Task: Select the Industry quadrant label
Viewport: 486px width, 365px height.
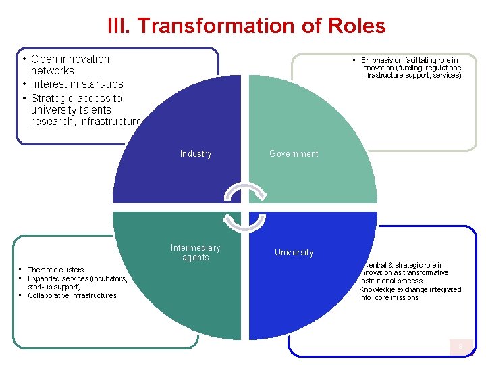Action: tap(196, 154)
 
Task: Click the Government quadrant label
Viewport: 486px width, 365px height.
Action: tap(294, 154)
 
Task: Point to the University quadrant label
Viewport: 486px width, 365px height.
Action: tap(294, 253)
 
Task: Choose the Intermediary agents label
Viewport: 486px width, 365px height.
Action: tap(196, 252)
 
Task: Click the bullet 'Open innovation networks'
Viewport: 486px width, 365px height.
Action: tap(70, 65)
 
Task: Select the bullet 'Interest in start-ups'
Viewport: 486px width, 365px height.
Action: tap(77, 84)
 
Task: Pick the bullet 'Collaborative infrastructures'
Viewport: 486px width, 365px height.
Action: tap(72, 295)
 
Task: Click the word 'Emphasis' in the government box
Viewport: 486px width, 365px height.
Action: tap(378, 60)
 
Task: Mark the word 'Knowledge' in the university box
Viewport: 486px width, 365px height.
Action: tap(376, 289)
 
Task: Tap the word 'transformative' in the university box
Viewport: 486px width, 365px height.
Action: tap(425, 272)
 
